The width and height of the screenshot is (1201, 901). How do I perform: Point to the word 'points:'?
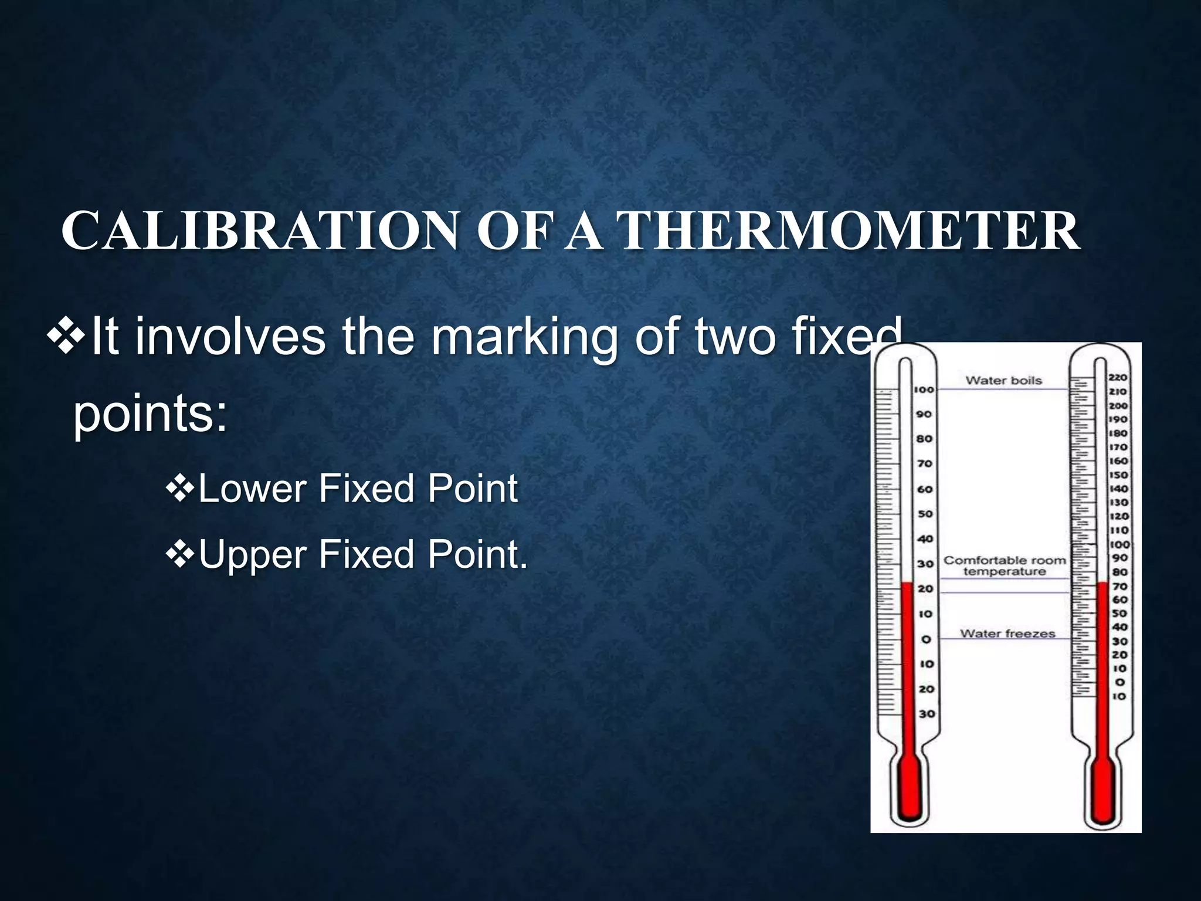[x=150, y=414]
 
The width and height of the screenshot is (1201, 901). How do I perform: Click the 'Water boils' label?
[x=1003, y=381]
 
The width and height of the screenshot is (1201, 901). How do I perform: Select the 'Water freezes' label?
[x=1007, y=634]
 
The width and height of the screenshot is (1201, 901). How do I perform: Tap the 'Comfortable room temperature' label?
[x=1005, y=566]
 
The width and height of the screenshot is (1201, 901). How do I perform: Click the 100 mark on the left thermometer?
[x=924, y=389]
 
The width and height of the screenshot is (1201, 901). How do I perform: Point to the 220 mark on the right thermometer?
[x=1118, y=377]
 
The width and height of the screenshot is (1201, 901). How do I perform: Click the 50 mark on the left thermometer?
[x=925, y=514]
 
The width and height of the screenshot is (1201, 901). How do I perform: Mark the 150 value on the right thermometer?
[x=1118, y=475]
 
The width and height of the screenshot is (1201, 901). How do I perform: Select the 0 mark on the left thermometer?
[x=926, y=639]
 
